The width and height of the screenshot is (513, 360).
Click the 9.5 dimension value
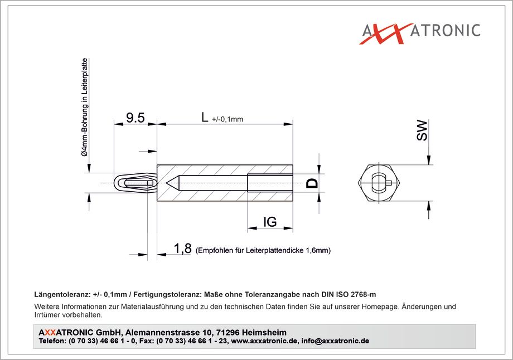click(x=135, y=118)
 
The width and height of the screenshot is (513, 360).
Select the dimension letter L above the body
click(x=205, y=117)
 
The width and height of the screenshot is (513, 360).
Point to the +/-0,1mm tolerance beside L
click(x=228, y=119)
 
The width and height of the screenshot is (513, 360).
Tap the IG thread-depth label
click(x=270, y=222)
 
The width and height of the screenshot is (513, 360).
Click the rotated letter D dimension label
click(x=312, y=183)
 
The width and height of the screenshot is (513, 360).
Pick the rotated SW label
click(x=422, y=130)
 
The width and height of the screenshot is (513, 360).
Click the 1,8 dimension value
click(x=182, y=249)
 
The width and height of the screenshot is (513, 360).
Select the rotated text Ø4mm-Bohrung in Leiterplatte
click(x=85, y=107)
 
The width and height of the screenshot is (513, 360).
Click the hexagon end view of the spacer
click(x=379, y=183)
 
